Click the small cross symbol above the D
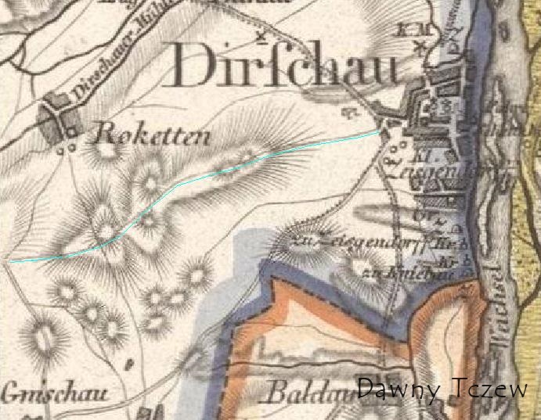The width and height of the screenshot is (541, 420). [261, 36]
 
